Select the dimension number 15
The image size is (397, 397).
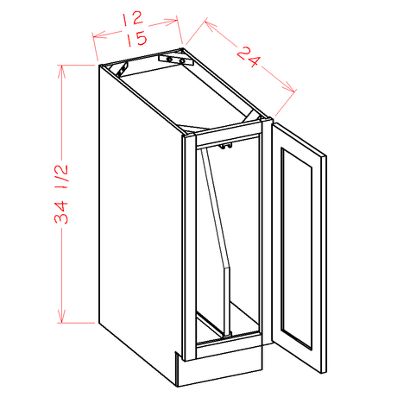tap(135, 39)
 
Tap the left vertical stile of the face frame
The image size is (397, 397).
tap(190, 242)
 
